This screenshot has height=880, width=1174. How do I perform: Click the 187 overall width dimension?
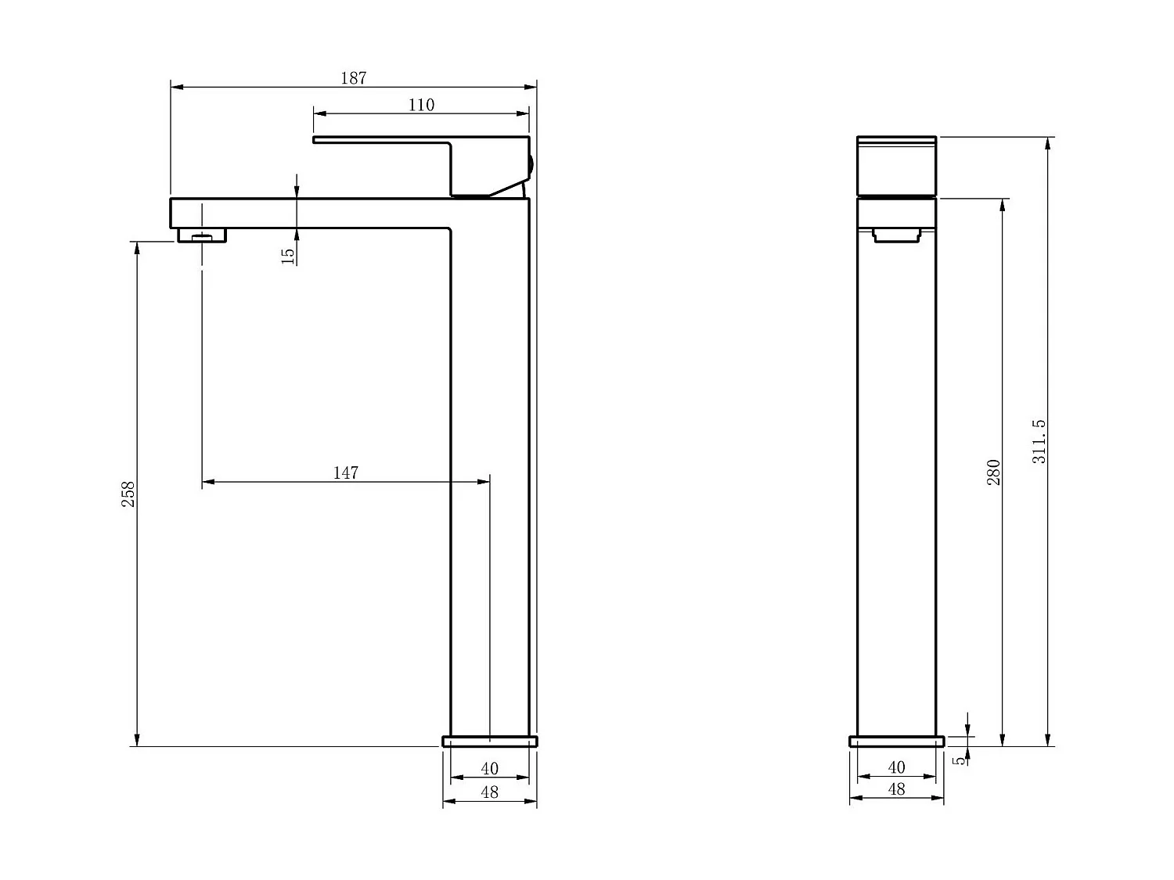[x=353, y=78]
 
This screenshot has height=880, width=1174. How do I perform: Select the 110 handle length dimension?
[x=421, y=105]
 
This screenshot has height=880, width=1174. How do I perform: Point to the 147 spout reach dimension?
[x=345, y=472]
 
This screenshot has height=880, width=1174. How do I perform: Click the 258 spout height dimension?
[x=128, y=494]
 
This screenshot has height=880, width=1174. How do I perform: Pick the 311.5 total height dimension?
[x=1039, y=441]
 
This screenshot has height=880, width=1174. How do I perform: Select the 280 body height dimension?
[x=993, y=472]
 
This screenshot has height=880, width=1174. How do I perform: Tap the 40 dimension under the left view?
[x=489, y=769]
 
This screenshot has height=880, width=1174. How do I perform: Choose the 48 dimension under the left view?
[x=489, y=792]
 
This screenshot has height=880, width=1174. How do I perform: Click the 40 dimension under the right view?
[x=896, y=768]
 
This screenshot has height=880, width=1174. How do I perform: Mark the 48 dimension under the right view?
[x=896, y=789]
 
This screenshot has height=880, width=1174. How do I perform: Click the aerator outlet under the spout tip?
[x=202, y=235]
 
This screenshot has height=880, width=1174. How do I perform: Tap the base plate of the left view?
[x=490, y=741]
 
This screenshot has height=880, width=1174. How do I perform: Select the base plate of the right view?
[x=897, y=741]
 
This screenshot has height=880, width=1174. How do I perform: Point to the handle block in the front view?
[x=897, y=166]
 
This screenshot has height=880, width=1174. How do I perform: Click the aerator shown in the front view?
[x=897, y=234]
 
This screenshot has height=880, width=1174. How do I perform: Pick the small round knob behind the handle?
[x=531, y=165]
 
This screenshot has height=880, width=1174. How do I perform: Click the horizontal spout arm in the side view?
[x=313, y=213]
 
